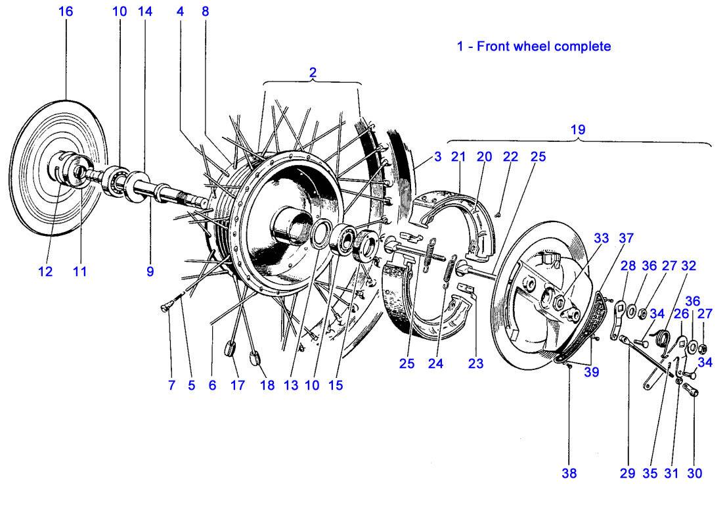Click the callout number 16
click(66, 12)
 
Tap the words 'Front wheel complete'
click(544, 47)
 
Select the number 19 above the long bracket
click(577, 129)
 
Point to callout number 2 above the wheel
click(313, 74)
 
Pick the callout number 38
click(569, 473)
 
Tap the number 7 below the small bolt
click(171, 386)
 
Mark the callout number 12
click(45, 271)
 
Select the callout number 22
click(510, 157)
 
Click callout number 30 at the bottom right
click(694, 473)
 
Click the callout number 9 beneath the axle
click(150, 271)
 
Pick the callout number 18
click(267, 386)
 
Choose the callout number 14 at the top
click(145, 12)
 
